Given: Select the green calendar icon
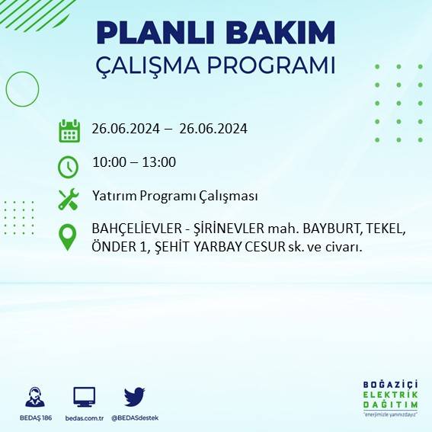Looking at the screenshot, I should click(69, 130).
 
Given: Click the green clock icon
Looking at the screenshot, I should click(69, 165).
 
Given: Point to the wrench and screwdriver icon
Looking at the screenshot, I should click(69, 199).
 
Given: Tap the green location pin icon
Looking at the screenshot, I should click(69, 236).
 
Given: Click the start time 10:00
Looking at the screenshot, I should click(107, 162).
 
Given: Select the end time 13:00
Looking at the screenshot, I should click(160, 162).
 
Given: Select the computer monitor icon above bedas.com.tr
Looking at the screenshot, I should click(84, 397).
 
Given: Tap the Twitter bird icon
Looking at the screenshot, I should click(134, 396).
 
